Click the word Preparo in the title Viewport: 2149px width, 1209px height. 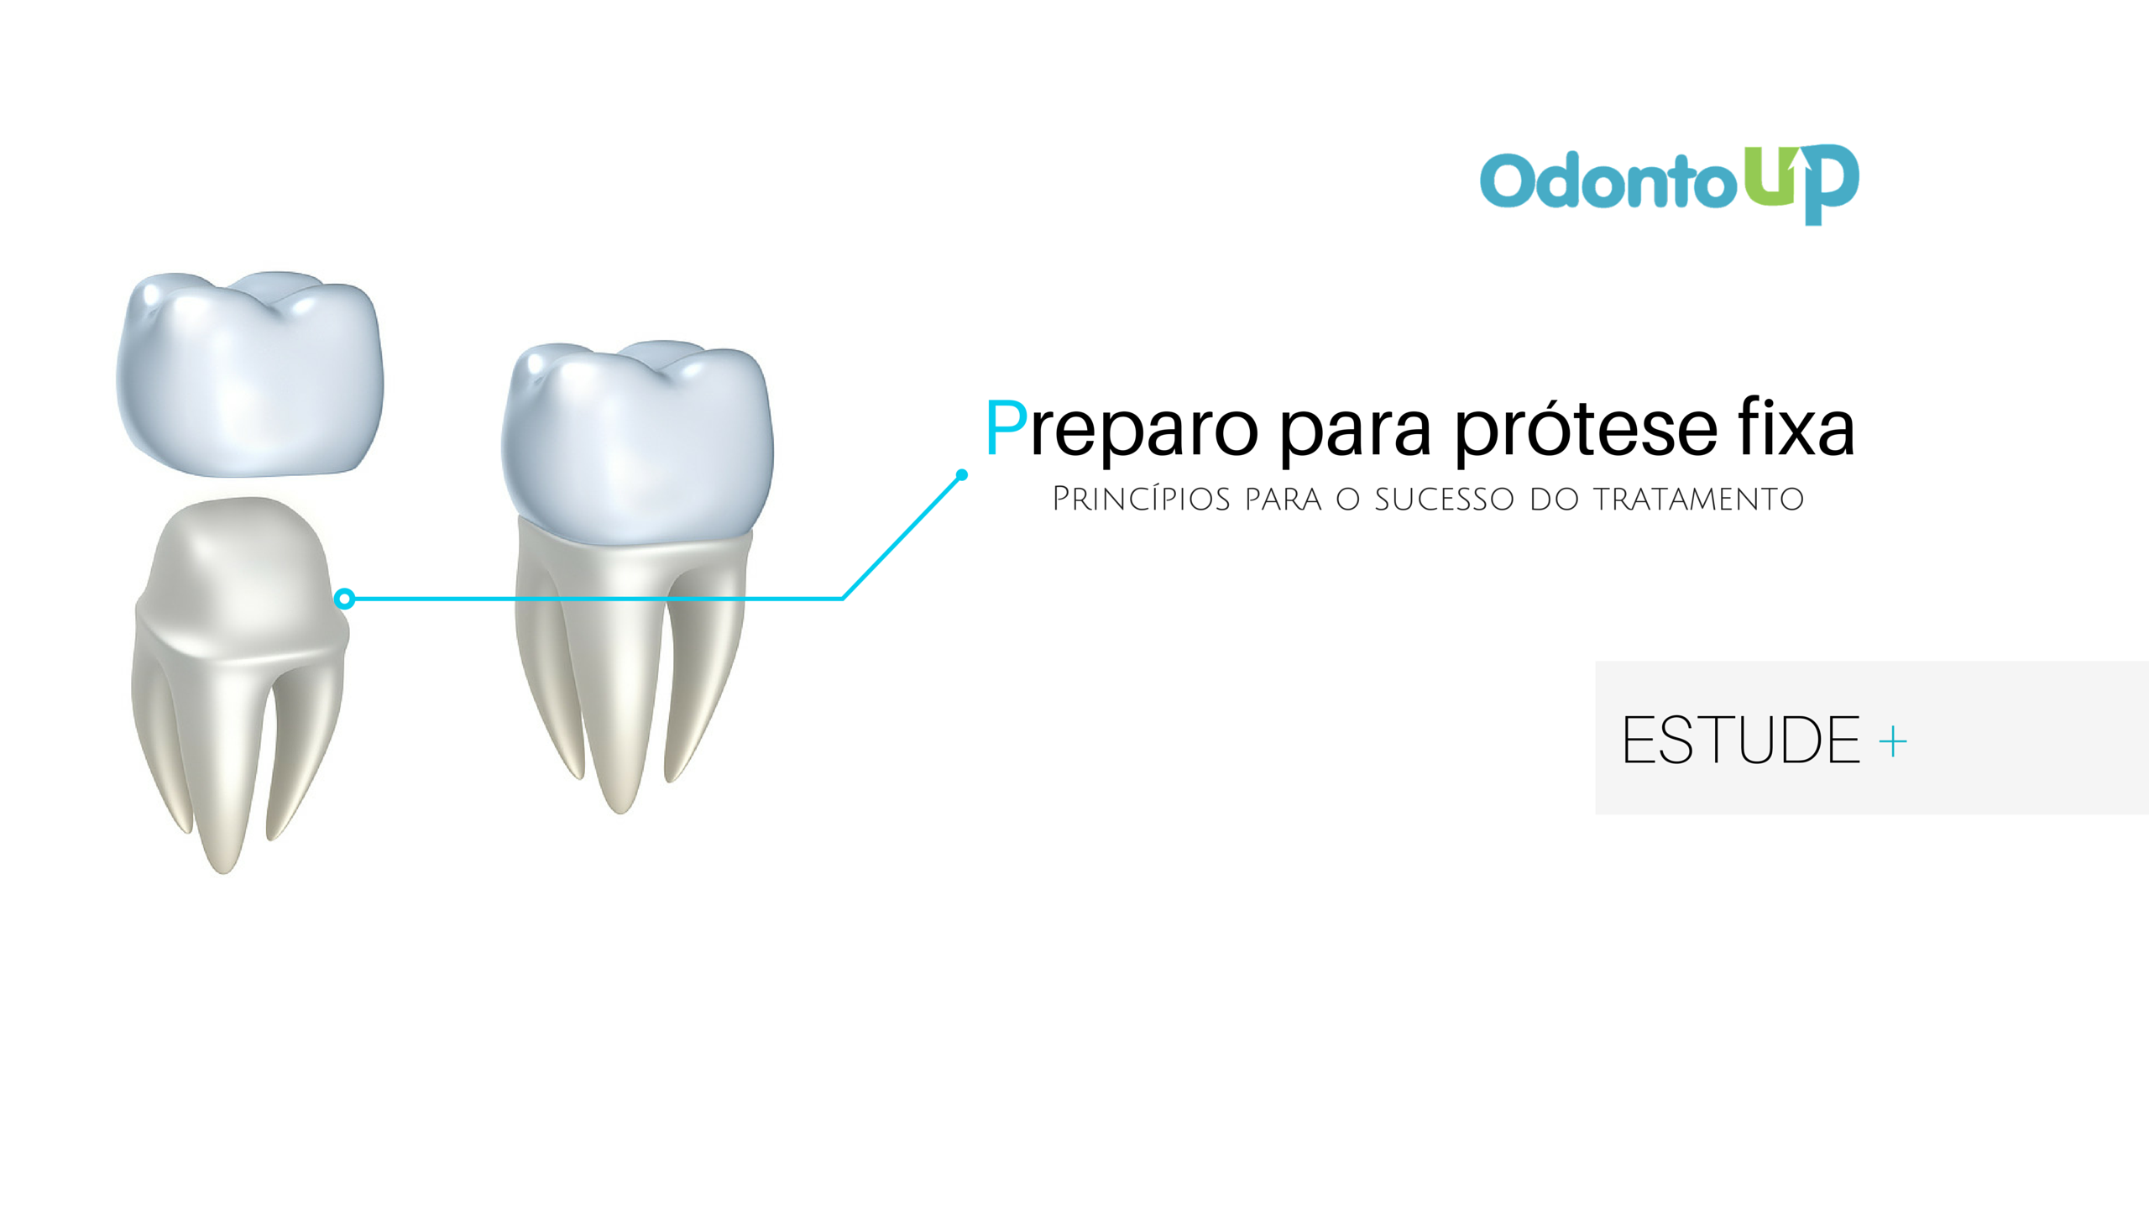click(1122, 430)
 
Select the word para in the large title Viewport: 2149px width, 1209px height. click(1356, 433)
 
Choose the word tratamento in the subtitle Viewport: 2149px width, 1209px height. click(1698, 500)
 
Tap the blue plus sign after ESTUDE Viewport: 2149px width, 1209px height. click(1893, 742)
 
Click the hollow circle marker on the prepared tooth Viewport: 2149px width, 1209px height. click(344, 599)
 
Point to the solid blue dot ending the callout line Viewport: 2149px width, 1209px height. click(962, 475)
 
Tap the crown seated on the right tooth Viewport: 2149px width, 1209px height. click(638, 441)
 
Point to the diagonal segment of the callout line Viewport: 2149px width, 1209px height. click(902, 537)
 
